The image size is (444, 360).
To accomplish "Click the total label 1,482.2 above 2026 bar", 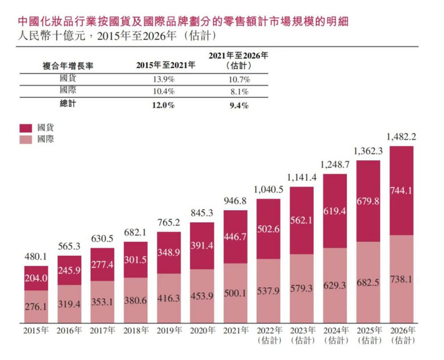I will [402, 137].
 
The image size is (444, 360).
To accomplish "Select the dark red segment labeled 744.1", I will [402, 191].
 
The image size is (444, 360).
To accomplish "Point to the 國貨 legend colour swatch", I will [26, 127].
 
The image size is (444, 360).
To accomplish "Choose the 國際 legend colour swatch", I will [26, 138].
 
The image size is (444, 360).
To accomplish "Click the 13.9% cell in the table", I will [163, 79].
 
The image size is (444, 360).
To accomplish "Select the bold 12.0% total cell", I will [163, 104].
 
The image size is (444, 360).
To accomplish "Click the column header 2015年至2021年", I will [163, 65].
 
